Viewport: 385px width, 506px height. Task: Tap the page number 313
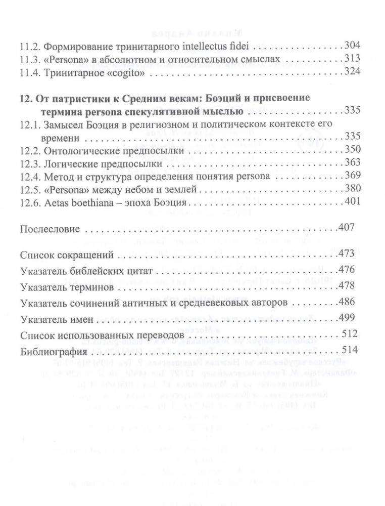[x=352, y=59]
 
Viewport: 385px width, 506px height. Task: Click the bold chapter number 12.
[x=25, y=97]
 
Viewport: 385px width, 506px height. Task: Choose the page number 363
[x=352, y=163]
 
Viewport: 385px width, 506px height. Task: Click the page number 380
[x=352, y=189]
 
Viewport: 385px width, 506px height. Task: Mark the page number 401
[x=352, y=202]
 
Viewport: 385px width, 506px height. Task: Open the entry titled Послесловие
[x=50, y=229]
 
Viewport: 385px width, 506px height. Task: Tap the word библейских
[x=97, y=272]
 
